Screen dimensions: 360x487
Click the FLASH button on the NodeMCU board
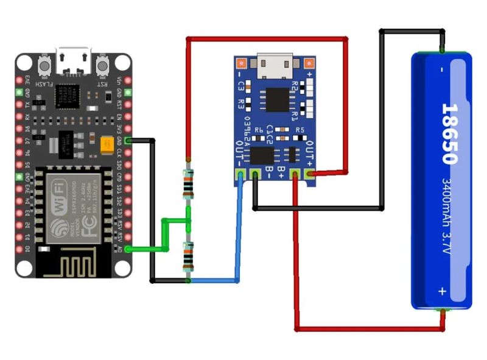click(x=44, y=65)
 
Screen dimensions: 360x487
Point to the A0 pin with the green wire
click(x=128, y=249)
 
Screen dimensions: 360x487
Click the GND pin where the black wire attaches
click(x=128, y=140)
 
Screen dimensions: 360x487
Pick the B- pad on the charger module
click(x=256, y=175)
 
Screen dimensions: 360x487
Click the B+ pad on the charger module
click(x=295, y=175)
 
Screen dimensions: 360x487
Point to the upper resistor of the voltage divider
click(x=189, y=185)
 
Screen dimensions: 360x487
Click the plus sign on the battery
click(x=442, y=292)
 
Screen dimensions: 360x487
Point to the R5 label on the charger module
click(x=300, y=130)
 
